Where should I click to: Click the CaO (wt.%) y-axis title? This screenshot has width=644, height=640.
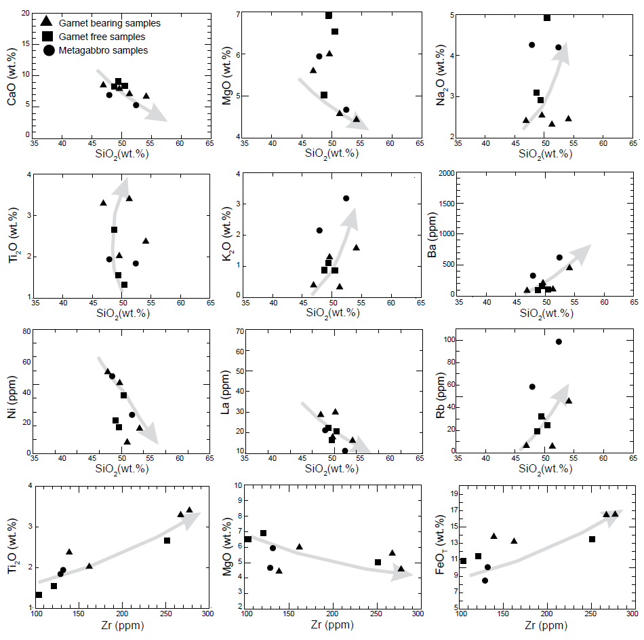(x=12, y=88)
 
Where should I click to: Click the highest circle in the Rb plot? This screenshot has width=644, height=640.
(x=559, y=341)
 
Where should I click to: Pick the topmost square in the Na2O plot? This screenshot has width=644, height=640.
(x=547, y=18)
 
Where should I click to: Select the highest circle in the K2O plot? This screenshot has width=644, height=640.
(x=346, y=198)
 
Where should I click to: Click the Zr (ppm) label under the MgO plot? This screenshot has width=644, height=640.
(x=332, y=625)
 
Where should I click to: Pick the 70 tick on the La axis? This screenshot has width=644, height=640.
(x=239, y=331)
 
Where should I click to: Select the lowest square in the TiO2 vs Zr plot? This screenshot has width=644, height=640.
(x=39, y=595)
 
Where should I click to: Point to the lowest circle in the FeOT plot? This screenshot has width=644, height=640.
(x=485, y=580)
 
